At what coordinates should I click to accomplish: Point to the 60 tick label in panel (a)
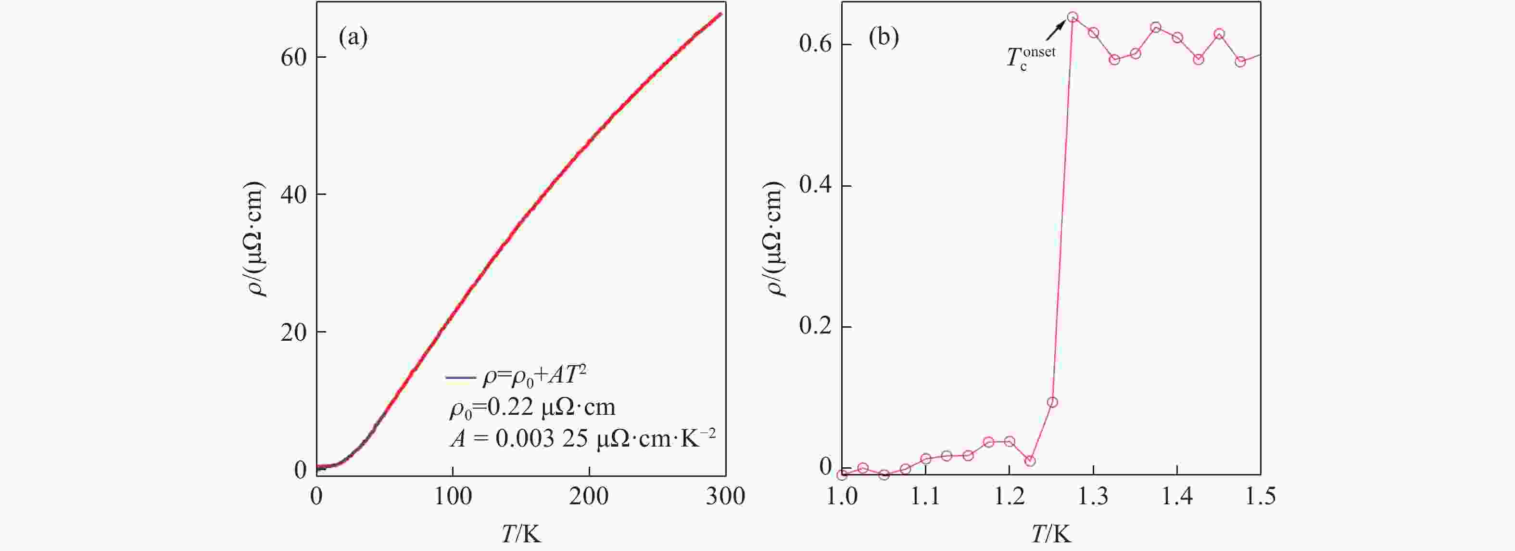click(293, 58)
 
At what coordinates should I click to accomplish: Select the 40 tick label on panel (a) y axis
click(293, 195)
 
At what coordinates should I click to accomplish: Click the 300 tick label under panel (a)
click(725, 497)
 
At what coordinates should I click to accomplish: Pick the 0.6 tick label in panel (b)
click(816, 44)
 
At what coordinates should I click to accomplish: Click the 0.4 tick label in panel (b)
click(816, 185)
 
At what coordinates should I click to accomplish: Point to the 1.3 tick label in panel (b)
click(1093, 497)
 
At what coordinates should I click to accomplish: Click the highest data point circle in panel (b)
click(1073, 17)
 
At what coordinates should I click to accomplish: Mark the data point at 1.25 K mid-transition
click(1053, 402)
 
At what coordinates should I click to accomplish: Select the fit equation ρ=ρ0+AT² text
click(534, 375)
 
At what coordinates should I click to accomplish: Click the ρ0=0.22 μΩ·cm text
click(532, 408)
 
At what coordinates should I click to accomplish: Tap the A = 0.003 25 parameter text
click(582, 438)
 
